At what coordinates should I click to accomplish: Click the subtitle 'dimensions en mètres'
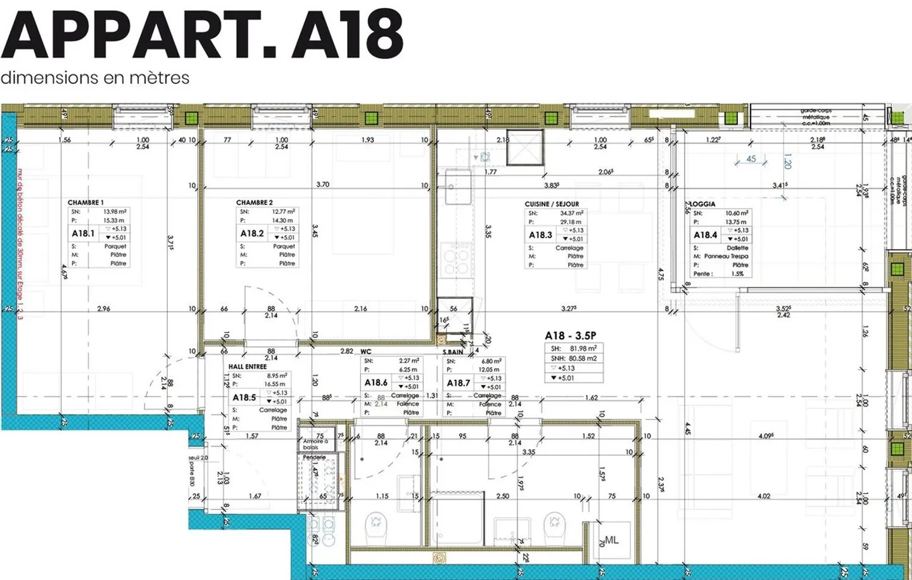[x=95, y=78]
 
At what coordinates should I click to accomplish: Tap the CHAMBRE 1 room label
[x=85, y=203]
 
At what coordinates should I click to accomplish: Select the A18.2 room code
[x=252, y=233]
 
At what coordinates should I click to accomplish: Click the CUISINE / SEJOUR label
[x=552, y=204]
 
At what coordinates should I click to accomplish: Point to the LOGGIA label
[x=702, y=204]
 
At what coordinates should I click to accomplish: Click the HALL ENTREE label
[x=248, y=367]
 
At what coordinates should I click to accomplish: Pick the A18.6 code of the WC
[x=376, y=382]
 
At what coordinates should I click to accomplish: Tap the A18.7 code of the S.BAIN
[x=459, y=383]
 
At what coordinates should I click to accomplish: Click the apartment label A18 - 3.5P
[x=570, y=336]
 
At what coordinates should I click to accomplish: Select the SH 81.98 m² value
[x=573, y=348]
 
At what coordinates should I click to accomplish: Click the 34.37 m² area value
[x=571, y=213]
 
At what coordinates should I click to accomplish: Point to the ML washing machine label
[x=611, y=540]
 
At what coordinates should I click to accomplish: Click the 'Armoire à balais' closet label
[x=315, y=444]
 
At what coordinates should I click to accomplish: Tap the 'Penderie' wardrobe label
[x=314, y=457]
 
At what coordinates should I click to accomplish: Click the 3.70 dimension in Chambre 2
[x=322, y=184]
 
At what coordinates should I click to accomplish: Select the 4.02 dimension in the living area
[x=764, y=496]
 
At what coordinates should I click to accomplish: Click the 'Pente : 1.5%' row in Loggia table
[x=718, y=274]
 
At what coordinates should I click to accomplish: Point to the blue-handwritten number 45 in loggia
[x=751, y=159]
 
